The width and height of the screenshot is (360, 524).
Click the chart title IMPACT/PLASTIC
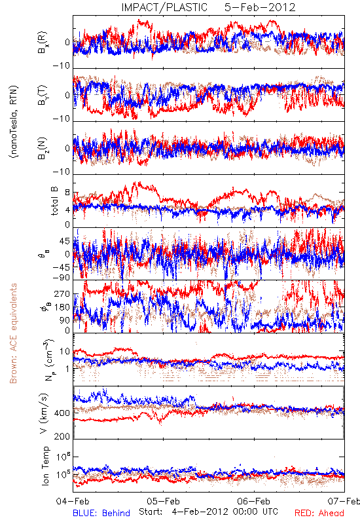pyautogui.click(x=164, y=7)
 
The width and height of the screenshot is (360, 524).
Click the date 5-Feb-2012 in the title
pyautogui.click(x=260, y=7)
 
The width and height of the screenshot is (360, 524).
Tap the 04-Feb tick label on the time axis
pyautogui.click(x=73, y=501)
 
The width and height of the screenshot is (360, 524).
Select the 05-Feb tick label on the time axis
pyautogui.click(x=163, y=501)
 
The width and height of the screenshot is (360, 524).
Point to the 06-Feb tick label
pyautogui.click(x=254, y=501)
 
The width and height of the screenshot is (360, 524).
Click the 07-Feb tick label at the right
pyautogui.click(x=344, y=501)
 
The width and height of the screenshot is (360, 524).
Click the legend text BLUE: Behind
pyautogui.click(x=101, y=514)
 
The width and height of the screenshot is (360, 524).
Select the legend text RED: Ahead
pyautogui.click(x=319, y=514)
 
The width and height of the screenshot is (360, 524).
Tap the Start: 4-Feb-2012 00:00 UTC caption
pyautogui.click(x=209, y=512)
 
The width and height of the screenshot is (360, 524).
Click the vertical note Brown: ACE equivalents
pyautogui.click(x=13, y=333)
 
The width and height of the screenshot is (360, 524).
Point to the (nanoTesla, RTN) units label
pyautogui.click(x=14, y=122)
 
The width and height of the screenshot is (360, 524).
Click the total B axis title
pyautogui.click(x=54, y=201)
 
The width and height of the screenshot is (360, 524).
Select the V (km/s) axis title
pyautogui.click(x=44, y=414)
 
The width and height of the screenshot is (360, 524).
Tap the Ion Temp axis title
pyautogui.click(x=45, y=466)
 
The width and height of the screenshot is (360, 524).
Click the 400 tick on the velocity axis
pyautogui.click(x=62, y=413)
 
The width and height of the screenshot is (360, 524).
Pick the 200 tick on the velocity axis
pyautogui.click(x=62, y=436)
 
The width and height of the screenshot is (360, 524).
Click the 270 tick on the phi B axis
pyautogui.click(x=63, y=294)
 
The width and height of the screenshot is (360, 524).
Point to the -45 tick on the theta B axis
pyautogui.click(x=61, y=268)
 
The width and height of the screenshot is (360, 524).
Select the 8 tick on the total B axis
pyautogui.click(x=67, y=193)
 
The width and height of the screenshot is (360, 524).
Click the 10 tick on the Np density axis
pyautogui.click(x=65, y=352)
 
